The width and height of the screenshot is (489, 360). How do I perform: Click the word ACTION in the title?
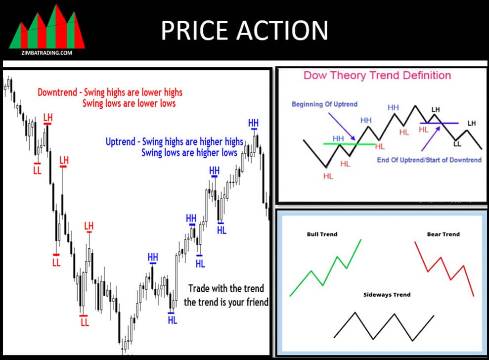[286, 31]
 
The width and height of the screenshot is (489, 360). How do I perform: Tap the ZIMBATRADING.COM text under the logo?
[46, 52]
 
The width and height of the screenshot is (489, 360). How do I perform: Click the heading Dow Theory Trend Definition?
[377, 76]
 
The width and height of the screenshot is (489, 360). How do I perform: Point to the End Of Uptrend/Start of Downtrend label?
[429, 160]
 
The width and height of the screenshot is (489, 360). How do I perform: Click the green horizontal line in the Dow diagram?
[346, 144]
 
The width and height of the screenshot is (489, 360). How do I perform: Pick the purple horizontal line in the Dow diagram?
[439, 122]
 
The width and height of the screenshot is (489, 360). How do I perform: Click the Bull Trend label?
[322, 234]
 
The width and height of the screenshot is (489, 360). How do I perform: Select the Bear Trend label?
[443, 234]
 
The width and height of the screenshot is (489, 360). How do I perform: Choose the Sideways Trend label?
[387, 295]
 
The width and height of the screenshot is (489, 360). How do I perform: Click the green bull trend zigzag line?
[326, 270]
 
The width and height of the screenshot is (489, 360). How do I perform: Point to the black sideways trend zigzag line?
[384, 326]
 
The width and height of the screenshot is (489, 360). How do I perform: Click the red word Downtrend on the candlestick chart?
[57, 92]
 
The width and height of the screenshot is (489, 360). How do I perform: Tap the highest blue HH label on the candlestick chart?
[253, 123]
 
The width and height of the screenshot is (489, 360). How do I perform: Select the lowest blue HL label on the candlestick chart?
[172, 320]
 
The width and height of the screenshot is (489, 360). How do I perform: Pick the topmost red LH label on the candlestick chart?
[47, 117]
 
